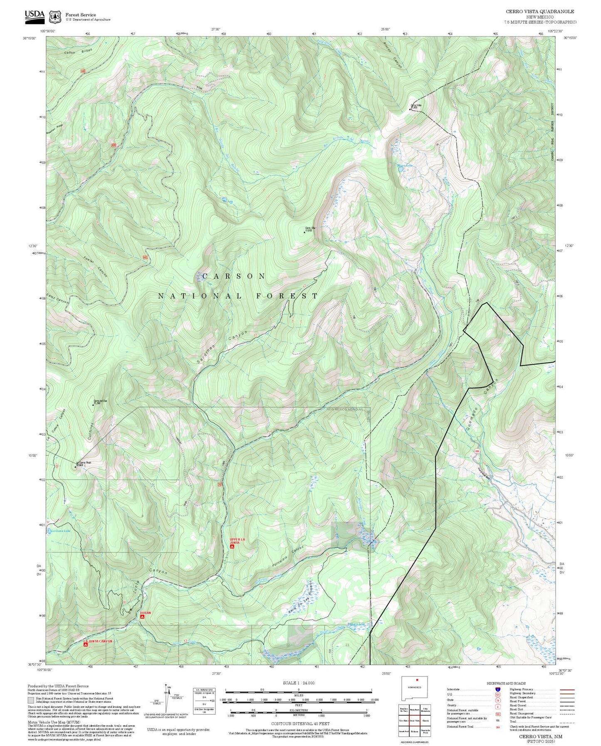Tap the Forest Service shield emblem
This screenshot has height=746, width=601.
pyautogui.click(x=54, y=17)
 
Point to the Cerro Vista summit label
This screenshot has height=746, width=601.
pyautogui.click(x=416, y=106)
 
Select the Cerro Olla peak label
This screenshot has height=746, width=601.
pyautogui.click(x=309, y=229)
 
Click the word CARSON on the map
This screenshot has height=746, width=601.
pyautogui.click(x=234, y=276)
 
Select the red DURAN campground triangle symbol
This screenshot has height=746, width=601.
pyautogui.click(x=142, y=617)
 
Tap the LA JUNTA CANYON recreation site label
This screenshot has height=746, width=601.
pyautogui.click(x=98, y=641)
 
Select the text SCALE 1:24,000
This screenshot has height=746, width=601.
pyautogui.click(x=298, y=683)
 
